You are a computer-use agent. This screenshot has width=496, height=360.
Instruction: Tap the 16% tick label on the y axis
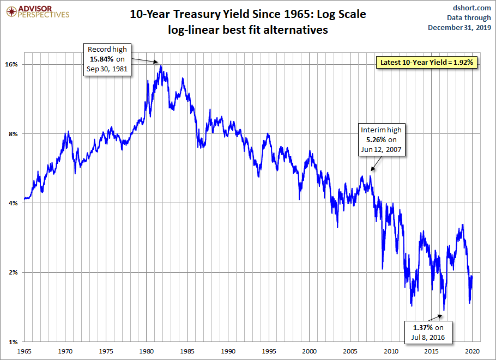pos(11,64)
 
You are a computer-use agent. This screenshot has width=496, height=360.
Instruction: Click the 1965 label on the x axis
pos(25,351)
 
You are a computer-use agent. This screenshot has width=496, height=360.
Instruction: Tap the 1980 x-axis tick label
pos(147,351)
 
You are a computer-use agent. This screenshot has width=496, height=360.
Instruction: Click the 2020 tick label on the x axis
pos(472,351)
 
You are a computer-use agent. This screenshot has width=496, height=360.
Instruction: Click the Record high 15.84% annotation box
pos(107,59)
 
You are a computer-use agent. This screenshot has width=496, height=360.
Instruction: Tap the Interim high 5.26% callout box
pos(381,139)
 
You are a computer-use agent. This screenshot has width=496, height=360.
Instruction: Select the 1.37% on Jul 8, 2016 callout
pos(428,332)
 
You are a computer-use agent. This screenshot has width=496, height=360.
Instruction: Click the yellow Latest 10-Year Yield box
pos(428,63)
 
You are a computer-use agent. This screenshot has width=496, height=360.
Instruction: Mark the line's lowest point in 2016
pos(444,310)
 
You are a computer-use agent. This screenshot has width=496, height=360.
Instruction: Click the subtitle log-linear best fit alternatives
pos(248,30)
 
